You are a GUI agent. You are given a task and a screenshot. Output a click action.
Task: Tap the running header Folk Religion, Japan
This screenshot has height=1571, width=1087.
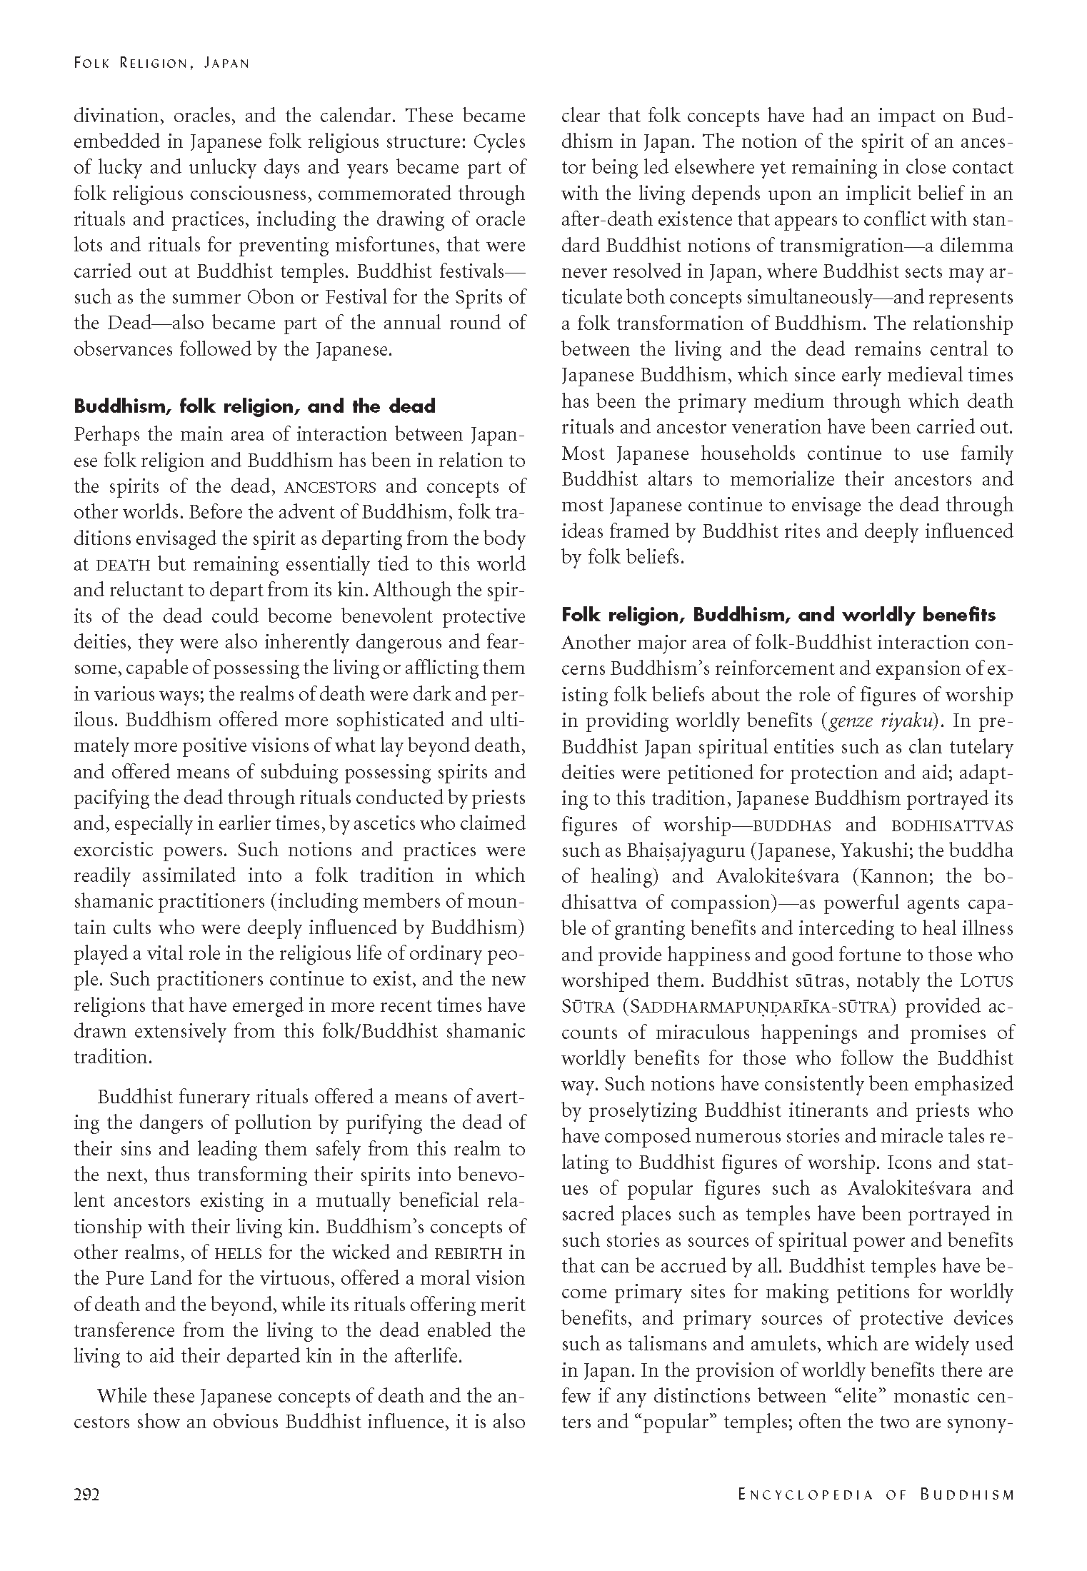pyautogui.click(x=161, y=63)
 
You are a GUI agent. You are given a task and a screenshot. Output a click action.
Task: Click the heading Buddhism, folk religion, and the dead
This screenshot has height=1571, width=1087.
pyautogui.click(x=255, y=407)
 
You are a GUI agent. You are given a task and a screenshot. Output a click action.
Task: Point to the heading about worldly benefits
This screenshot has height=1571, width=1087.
pyautogui.click(x=778, y=615)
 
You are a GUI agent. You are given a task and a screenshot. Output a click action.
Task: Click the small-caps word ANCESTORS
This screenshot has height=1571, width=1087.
pyautogui.click(x=330, y=488)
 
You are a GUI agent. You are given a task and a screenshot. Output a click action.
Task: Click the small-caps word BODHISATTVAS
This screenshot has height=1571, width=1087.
pyautogui.click(x=952, y=826)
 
